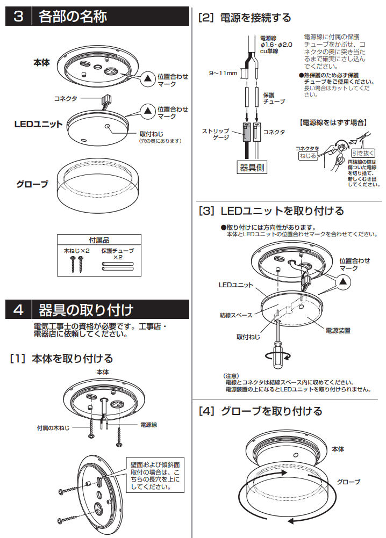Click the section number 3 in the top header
click(18, 17)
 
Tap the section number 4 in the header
click(18, 310)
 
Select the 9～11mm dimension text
click(223, 74)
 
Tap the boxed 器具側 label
click(252, 168)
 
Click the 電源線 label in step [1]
click(148, 425)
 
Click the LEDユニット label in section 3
click(38, 123)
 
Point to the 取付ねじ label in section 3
click(151, 133)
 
